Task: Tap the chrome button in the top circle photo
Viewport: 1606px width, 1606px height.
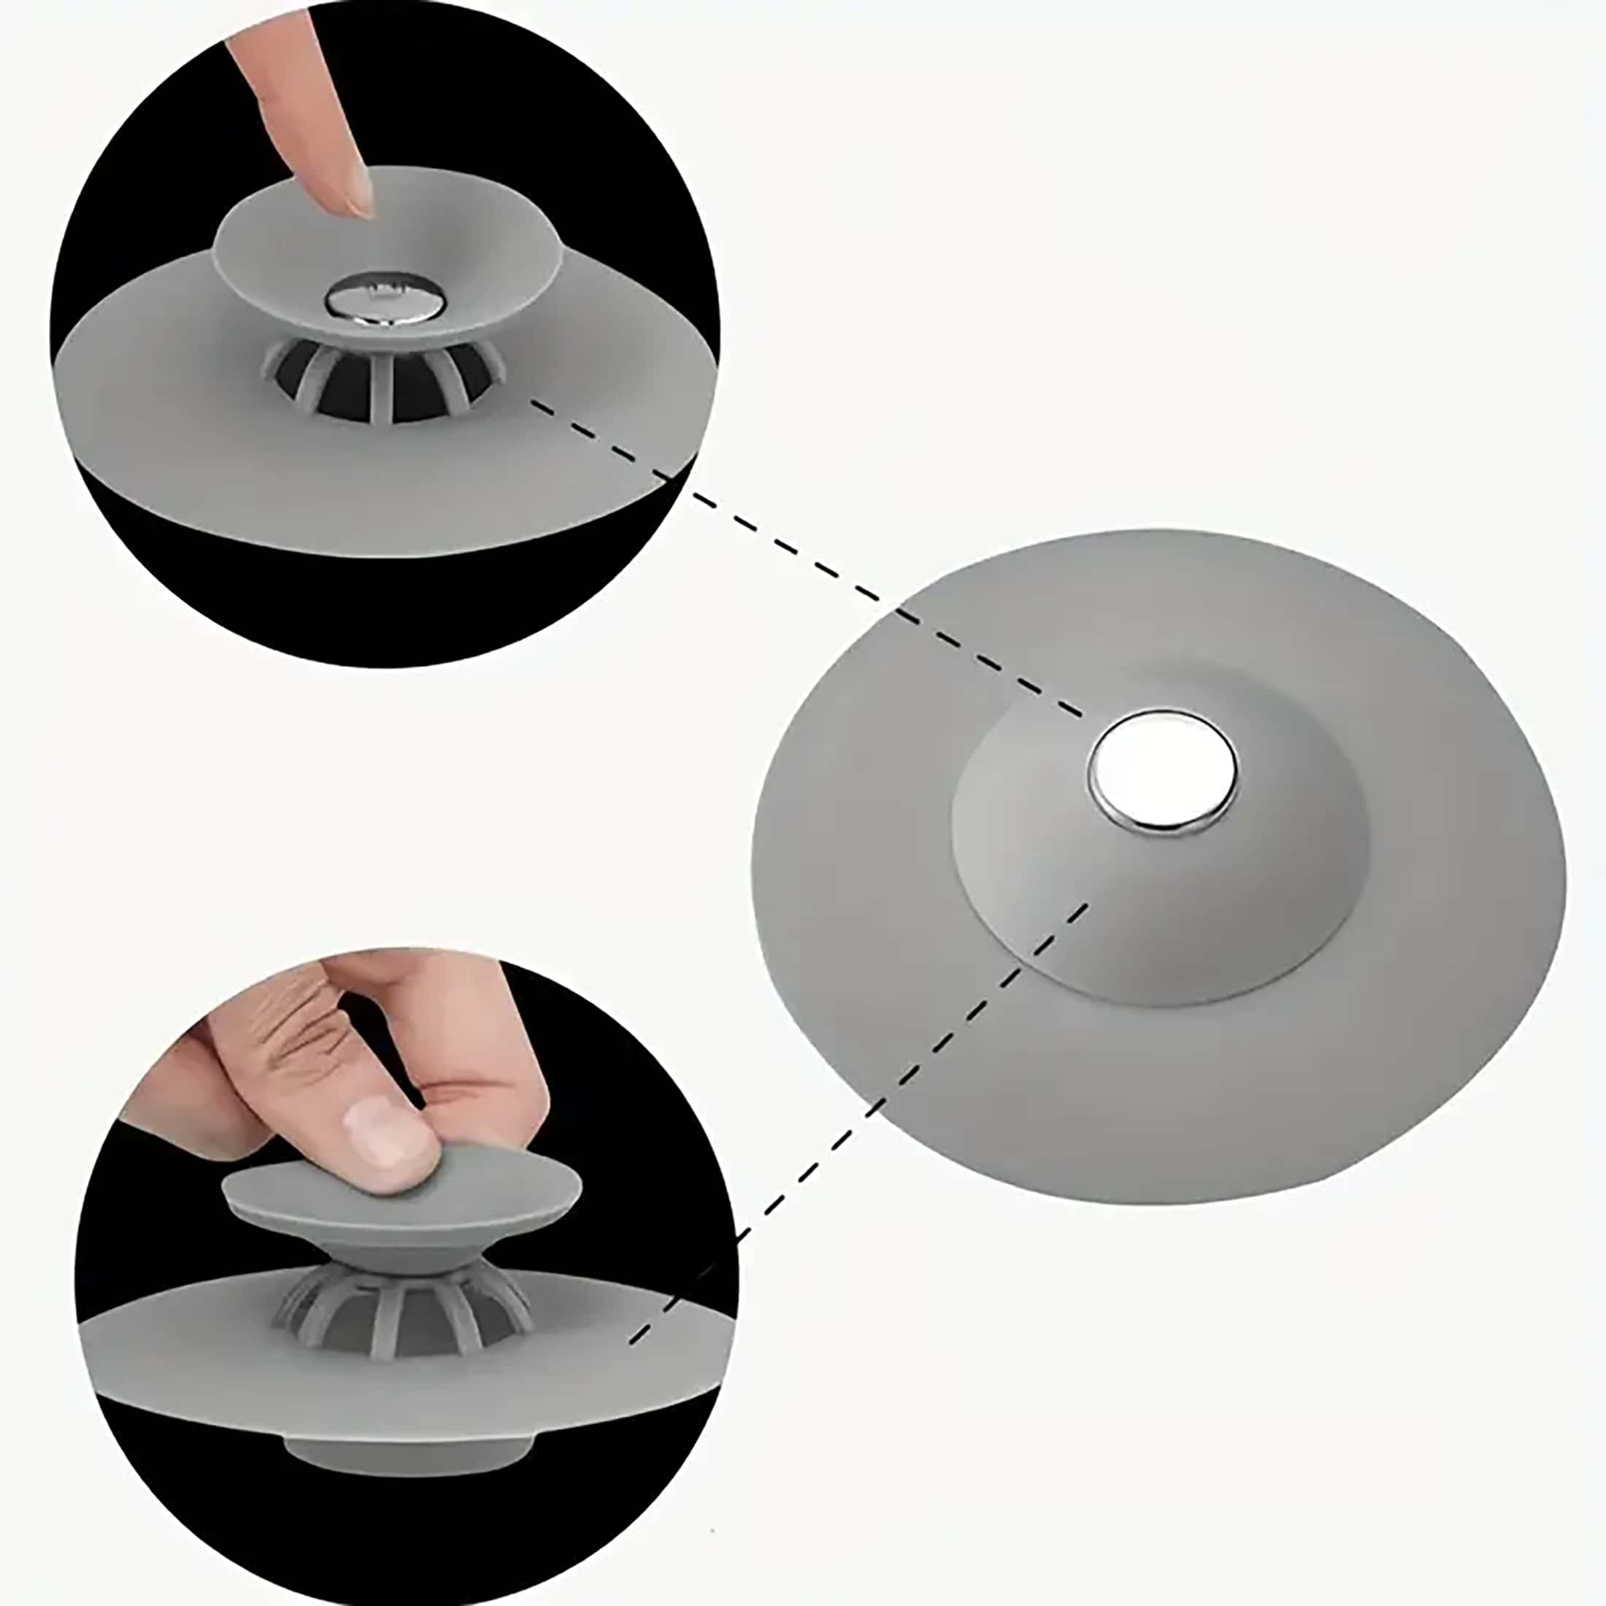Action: click(376, 300)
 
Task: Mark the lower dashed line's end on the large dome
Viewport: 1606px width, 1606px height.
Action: click(1085, 906)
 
